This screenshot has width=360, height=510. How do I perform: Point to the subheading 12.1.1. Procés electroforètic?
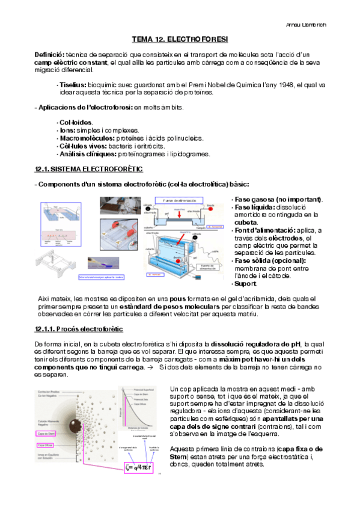(79, 329)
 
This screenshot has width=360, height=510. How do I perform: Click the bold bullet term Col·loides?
(71, 122)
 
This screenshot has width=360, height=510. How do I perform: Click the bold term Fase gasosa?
(252, 199)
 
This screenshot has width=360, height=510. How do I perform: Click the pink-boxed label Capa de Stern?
(47, 432)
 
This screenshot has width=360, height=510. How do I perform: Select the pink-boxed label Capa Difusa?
(46, 445)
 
